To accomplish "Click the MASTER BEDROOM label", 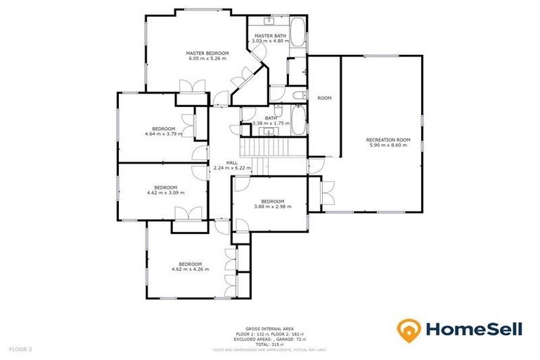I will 207,53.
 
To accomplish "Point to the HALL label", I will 231,162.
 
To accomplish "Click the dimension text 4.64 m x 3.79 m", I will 160,134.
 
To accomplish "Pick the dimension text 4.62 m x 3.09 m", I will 161,192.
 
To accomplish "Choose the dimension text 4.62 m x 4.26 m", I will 190,269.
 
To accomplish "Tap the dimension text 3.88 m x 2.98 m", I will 271,206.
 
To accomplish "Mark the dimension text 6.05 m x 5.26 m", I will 207,58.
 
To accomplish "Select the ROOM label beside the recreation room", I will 324,98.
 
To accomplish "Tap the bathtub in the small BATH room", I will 298,122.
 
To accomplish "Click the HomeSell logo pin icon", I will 409,329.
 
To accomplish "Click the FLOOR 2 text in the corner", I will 20,349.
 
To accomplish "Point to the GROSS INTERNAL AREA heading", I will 270,328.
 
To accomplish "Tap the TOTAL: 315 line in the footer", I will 270,344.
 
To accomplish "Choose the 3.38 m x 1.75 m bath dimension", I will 271,124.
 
